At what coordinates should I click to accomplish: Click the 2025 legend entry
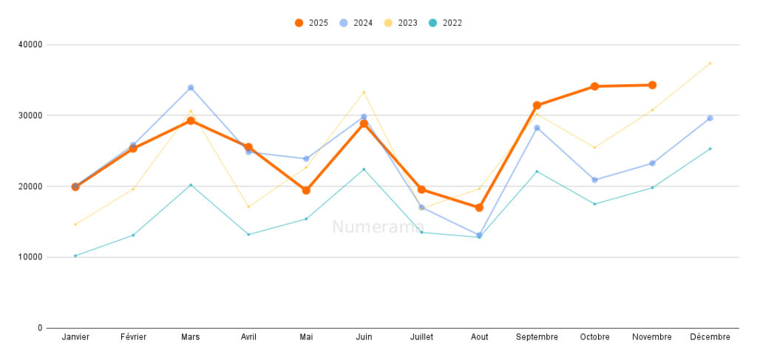311,23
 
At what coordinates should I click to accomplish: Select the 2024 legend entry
356,23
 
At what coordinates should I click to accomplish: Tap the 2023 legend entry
401,23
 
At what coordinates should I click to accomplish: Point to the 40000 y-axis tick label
30,44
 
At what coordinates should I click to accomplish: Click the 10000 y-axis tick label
30,257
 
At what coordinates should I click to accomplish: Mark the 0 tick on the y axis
40,328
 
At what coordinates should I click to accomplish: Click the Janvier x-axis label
75,337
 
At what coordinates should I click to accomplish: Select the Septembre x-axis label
537,337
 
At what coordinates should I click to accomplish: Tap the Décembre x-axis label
710,337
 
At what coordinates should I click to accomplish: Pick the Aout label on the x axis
479,337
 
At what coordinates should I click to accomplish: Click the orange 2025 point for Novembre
652,85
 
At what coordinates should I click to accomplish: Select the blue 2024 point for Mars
191,88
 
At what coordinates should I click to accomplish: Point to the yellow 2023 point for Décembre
710,63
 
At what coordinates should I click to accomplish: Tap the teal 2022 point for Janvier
75,256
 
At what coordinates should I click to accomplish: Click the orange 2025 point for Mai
306,190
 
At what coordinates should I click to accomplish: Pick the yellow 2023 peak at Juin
364,92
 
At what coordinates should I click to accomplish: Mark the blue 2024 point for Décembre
710,118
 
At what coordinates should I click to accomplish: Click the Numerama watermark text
378,227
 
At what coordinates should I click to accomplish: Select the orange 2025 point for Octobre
594,86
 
